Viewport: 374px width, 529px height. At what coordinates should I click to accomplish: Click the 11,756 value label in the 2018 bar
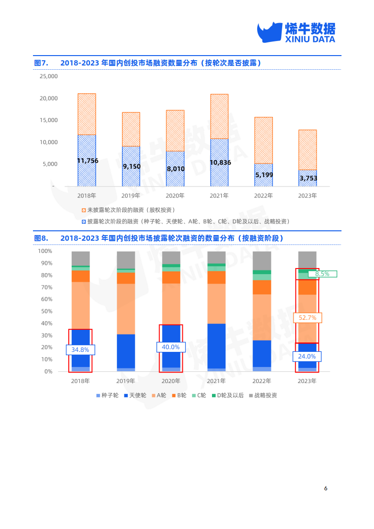88,161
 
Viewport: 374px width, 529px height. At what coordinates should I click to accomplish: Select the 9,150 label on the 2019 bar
131,166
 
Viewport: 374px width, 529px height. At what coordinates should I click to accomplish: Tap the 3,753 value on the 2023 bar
307,178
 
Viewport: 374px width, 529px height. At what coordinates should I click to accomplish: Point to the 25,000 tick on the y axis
48,76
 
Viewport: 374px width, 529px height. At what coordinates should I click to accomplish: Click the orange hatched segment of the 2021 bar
219,116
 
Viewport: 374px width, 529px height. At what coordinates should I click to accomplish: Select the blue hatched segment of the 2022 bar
263,175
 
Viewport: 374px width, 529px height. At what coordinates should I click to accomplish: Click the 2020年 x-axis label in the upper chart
175,195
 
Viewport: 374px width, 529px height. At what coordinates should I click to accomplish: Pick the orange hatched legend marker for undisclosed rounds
84,210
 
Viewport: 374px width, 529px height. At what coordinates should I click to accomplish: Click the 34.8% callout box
81,350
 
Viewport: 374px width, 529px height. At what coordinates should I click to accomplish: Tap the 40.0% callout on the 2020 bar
171,347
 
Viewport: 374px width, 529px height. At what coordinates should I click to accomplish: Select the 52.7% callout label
307,318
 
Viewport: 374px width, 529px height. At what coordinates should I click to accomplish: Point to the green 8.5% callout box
322,274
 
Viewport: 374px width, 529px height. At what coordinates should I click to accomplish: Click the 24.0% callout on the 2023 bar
307,357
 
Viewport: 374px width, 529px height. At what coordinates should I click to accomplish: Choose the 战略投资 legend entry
262,395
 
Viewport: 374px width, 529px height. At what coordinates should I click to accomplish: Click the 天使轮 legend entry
134,395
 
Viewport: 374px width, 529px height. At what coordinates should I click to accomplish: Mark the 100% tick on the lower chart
45,251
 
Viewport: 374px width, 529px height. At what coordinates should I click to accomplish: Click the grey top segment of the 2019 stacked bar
126,260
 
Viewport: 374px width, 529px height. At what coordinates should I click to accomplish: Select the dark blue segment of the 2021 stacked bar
216,346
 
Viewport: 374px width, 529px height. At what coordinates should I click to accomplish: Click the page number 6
325,488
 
